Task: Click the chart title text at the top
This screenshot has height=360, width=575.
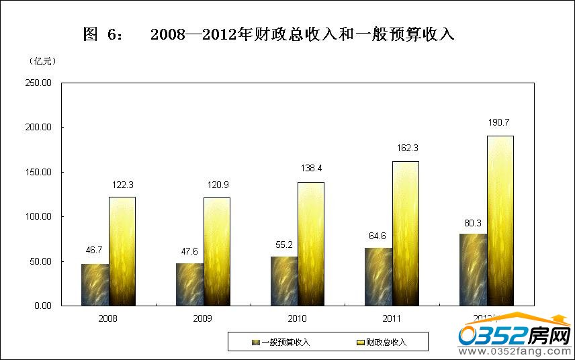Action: pos(269,34)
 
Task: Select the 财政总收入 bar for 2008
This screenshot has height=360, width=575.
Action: pos(122,251)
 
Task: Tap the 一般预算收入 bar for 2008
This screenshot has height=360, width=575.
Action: pos(95,285)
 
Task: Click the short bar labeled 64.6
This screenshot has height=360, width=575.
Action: pos(378,277)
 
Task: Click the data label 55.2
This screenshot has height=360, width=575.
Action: pos(284,245)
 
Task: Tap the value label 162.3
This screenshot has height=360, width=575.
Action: pos(406,148)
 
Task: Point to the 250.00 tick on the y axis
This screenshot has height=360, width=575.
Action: pos(38,83)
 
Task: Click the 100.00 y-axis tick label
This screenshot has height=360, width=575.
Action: pos(38,217)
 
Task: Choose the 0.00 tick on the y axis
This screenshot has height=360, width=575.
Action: pos(42,306)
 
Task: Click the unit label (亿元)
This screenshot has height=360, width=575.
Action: pos(43,61)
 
